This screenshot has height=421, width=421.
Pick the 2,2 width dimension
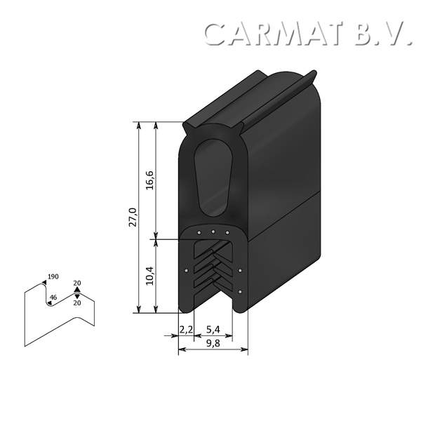point(186,329)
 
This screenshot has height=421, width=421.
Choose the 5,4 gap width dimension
point(213,329)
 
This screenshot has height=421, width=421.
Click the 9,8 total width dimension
point(213,342)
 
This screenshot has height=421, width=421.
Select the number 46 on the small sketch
point(53,298)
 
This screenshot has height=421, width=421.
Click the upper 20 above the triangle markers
point(77,283)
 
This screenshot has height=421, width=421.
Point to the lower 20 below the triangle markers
point(77,302)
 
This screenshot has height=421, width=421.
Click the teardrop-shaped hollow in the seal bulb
point(213,176)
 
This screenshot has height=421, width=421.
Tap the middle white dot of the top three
point(213,231)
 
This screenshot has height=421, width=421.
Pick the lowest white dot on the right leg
point(241,291)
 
